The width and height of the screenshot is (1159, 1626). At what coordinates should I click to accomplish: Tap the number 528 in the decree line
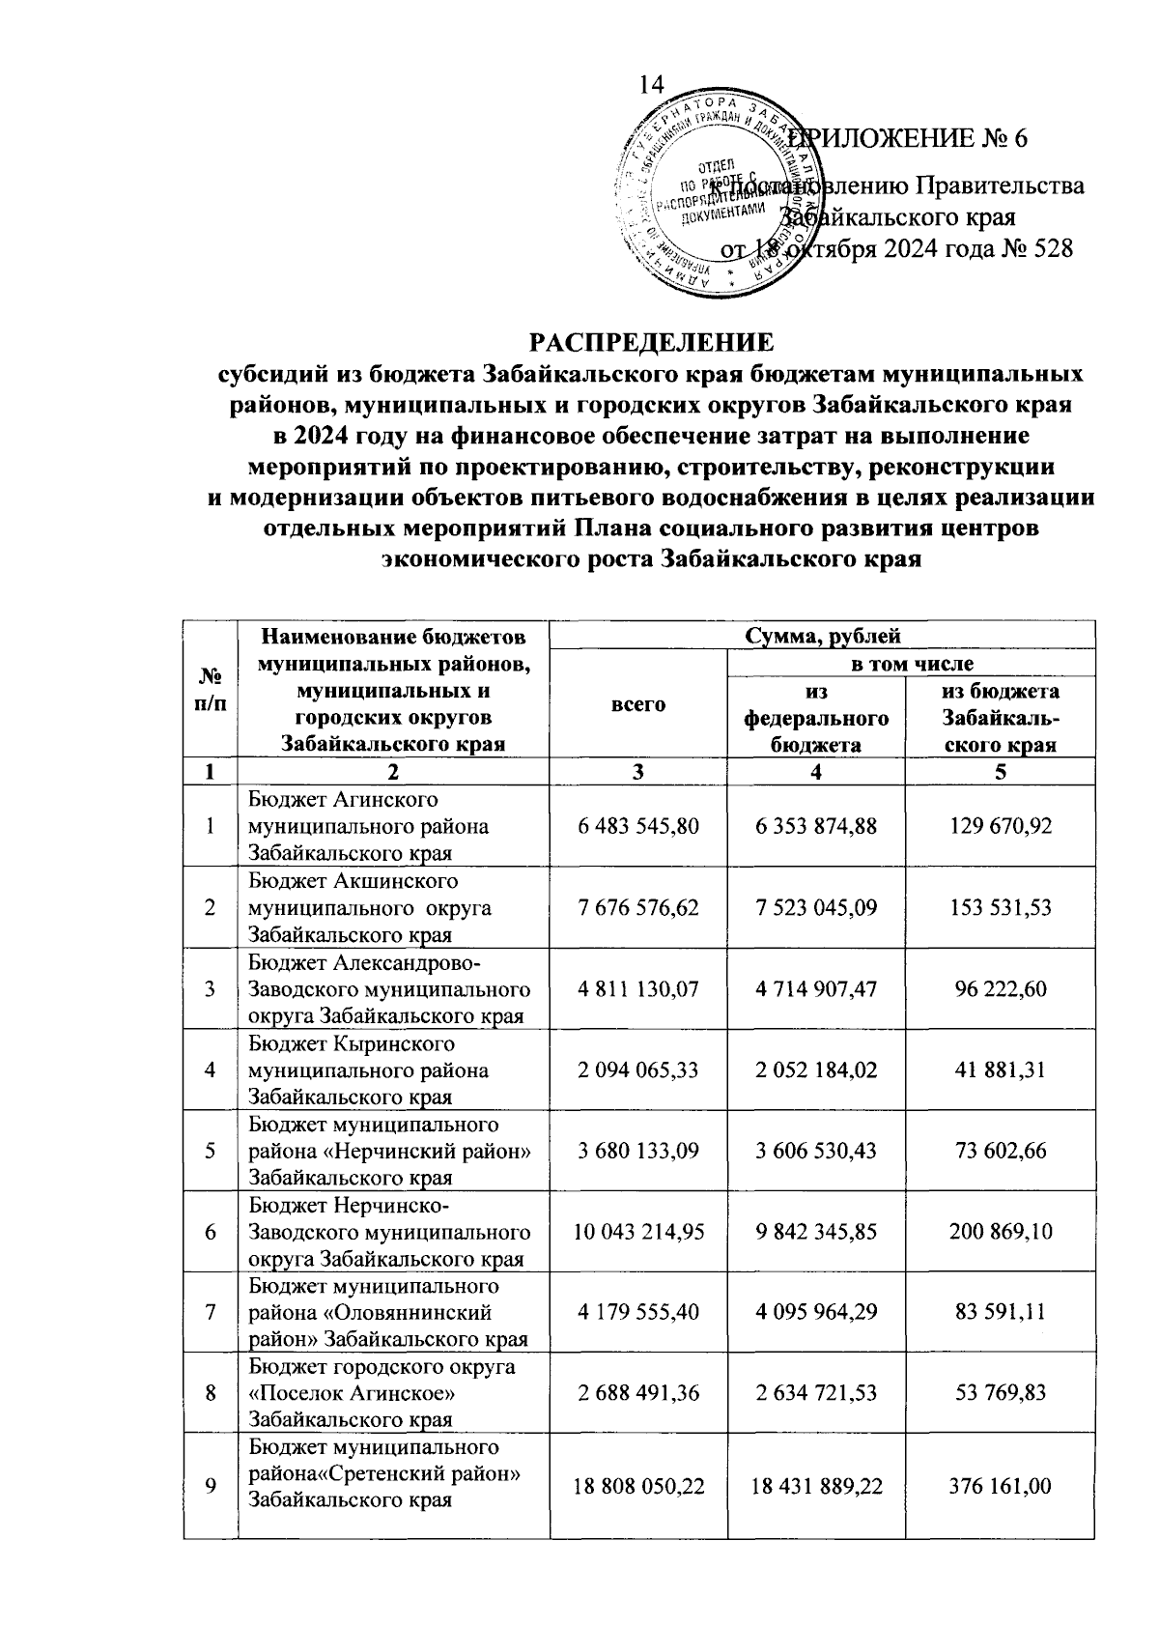[x=1050, y=249]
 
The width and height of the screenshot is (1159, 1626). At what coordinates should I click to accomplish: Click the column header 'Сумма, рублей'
[x=822, y=636]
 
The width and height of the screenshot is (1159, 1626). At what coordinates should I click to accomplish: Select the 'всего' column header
[x=637, y=704]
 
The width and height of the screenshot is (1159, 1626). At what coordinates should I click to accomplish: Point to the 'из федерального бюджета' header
[x=816, y=718]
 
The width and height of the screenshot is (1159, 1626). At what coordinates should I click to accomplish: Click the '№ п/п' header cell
[x=210, y=691]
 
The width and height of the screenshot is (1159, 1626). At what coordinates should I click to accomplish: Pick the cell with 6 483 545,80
[x=637, y=826]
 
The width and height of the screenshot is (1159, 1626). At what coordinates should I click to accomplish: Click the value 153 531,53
[x=1000, y=907]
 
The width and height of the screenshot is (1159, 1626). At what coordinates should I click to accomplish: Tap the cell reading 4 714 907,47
[x=816, y=988]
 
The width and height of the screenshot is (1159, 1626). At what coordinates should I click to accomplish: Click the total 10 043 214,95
[x=637, y=1232]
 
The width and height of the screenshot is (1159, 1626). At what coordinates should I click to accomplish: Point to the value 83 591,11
[x=1000, y=1313]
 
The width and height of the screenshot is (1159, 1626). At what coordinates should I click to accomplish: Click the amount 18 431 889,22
[x=816, y=1485]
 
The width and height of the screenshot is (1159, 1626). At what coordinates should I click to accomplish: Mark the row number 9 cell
[x=210, y=1485]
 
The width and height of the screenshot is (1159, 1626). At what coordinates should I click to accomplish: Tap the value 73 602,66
[x=1000, y=1151]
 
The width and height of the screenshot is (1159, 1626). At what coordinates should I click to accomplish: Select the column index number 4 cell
[x=816, y=772]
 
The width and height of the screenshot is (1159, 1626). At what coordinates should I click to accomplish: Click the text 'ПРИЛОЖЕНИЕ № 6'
[x=913, y=138]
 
